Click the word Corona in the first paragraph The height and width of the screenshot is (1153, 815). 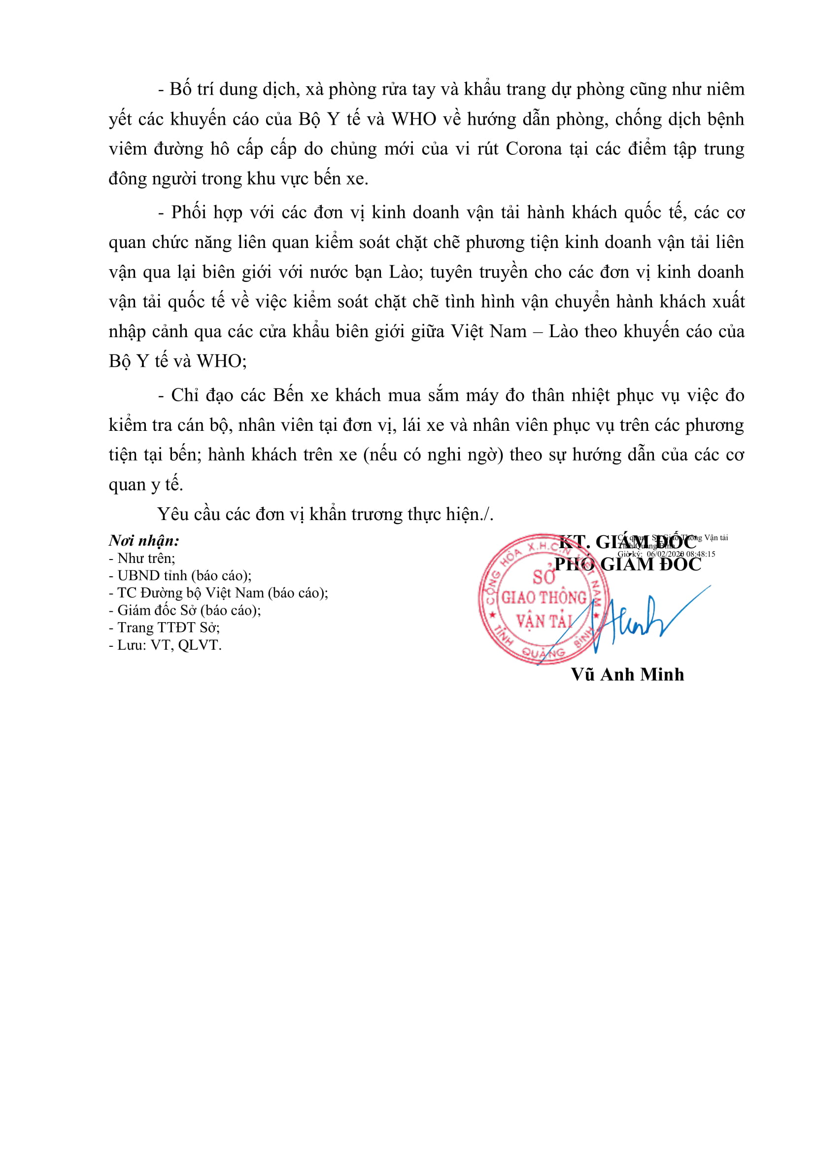coord(533,149)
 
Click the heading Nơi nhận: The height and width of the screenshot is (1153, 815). coord(144,541)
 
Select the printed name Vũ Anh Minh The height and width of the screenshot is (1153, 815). coord(627,674)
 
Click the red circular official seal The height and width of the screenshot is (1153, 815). coord(544,599)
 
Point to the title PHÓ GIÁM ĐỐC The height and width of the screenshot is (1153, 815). coord(627,565)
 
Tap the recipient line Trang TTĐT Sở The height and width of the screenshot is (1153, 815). coord(164,628)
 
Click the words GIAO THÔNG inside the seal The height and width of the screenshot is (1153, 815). coord(544,597)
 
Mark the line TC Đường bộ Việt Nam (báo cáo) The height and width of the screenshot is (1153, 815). coord(218,593)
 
